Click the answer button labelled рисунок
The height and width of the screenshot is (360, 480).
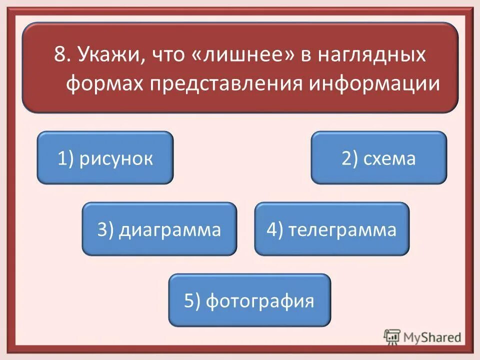point(105,158)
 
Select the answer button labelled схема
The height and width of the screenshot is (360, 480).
point(378,158)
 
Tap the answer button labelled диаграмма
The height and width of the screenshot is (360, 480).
point(159,229)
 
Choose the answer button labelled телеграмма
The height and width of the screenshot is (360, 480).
point(331,229)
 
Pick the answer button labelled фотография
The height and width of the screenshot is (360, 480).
point(249,300)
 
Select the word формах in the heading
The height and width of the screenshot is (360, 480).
point(103,83)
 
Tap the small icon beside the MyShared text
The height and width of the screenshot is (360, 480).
point(391,336)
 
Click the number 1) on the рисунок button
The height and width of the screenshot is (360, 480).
point(66,158)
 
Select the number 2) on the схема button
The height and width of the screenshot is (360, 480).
point(348,158)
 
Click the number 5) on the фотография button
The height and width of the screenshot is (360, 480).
point(192,301)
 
